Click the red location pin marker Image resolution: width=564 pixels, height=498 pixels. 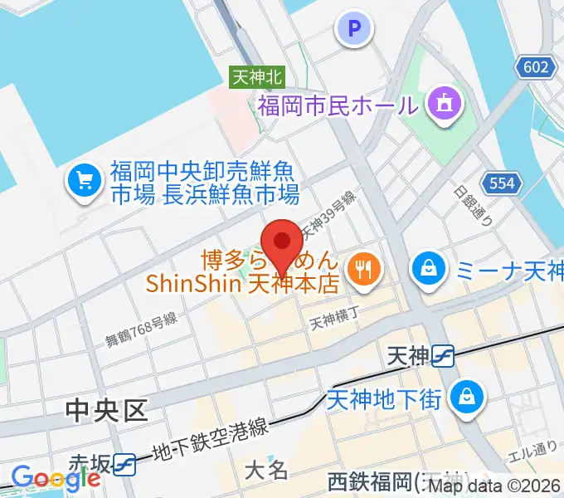point(283,242)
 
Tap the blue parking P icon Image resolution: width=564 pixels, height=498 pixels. point(354,30)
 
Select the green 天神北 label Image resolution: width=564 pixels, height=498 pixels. point(257,77)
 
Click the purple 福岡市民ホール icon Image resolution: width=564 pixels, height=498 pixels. point(443,104)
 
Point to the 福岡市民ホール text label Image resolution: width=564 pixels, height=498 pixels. point(336,105)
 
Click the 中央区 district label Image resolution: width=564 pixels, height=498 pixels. point(106,408)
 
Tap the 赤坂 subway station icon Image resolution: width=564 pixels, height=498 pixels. point(125,464)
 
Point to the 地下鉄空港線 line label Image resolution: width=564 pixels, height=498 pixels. point(211,442)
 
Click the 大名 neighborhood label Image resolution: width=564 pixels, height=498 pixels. point(266,470)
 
